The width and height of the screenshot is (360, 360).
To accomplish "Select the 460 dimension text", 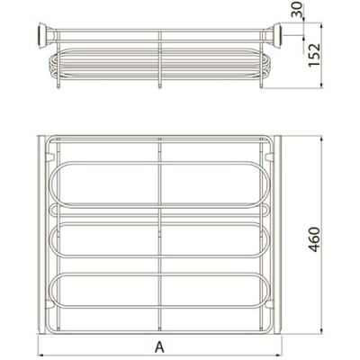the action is coord(314,239).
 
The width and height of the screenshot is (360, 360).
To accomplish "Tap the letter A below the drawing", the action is coord(159,347).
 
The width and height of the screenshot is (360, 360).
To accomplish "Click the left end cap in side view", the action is coord(43,35).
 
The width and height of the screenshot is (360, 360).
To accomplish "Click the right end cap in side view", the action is coord(276,35).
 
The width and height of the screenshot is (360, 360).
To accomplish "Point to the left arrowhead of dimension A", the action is coord(41,353).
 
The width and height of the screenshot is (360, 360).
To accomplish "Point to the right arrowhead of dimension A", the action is coord(279,353).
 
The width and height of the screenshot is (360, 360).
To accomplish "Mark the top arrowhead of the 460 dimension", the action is coord(321,140).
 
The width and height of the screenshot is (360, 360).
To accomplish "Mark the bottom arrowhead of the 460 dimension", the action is coord(321,330).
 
